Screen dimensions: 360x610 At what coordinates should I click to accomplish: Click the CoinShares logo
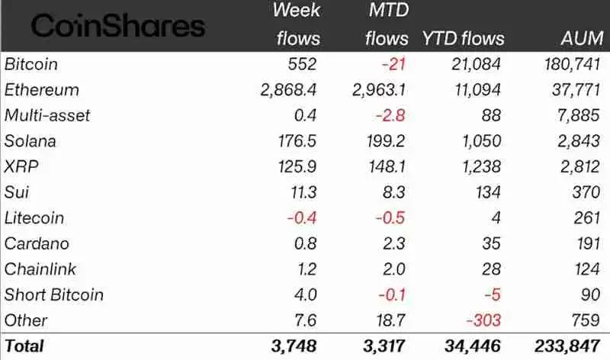(118, 26)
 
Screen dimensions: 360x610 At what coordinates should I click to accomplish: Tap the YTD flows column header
(463, 38)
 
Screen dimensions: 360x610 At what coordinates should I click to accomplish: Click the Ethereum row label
(42, 90)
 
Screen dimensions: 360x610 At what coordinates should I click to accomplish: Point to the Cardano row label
(37, 244)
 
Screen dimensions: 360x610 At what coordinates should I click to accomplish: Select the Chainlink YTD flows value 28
(492, 269)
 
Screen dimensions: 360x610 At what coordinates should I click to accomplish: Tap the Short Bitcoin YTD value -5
(493, 295)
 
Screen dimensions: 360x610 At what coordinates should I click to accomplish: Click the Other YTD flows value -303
(485, 320)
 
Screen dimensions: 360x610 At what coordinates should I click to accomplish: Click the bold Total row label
(24, 346)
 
